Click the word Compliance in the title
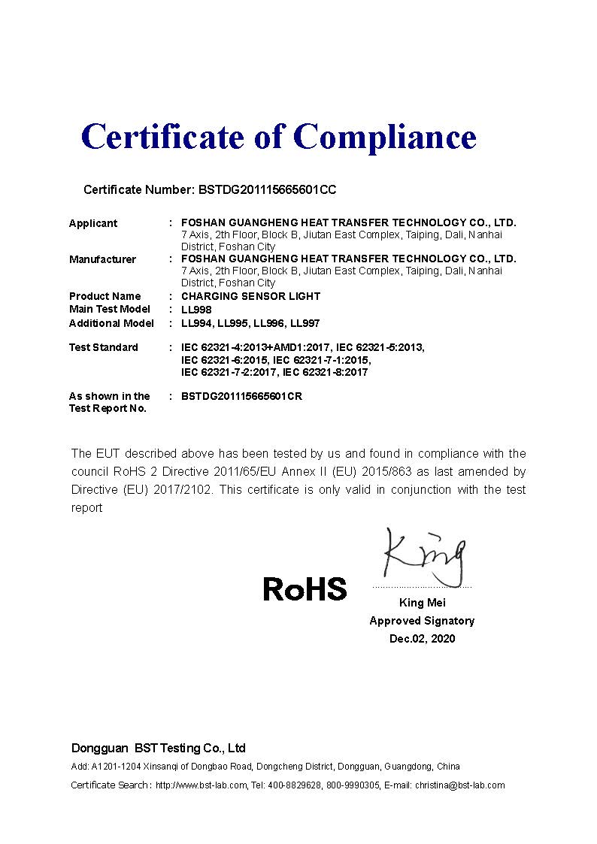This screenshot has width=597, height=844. click(x=384, y=137)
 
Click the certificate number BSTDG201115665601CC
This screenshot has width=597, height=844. click(x=266, y=190)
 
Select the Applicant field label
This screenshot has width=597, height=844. click(x=93, y=223)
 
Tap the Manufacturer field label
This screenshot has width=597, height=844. click(x=102, y=259)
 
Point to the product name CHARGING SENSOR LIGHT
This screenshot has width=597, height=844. click(x=250, y=296)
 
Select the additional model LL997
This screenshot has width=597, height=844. click(x=305, y=323)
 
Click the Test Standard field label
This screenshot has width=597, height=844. click(x=104, y=347)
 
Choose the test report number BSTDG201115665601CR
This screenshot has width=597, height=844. click(x=242, y=396)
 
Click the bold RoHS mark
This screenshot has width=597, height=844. click(x=305, y=588)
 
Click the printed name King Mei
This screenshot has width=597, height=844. click(x=422, y=603)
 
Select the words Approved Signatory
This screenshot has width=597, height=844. click(x=422, y=621)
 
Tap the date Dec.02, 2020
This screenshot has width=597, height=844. click(x=422, y=639)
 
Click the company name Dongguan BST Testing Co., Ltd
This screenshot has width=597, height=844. click(x=159, y=749)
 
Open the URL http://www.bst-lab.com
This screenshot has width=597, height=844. click(x=202, y=785)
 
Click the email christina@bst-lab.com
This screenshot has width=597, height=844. click(x=460, y=785)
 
